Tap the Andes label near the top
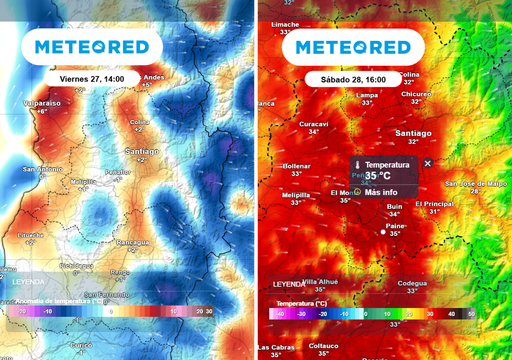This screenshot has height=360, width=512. click(153, 77)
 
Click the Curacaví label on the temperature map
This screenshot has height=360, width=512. click(315, 124)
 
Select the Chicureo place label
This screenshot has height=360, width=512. click(416, 94)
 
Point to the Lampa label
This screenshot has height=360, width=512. click(367, 96)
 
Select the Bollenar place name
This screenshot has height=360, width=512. click(298, 166)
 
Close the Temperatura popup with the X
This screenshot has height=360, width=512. click(428, 163)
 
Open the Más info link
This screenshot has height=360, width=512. click(381, 192)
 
